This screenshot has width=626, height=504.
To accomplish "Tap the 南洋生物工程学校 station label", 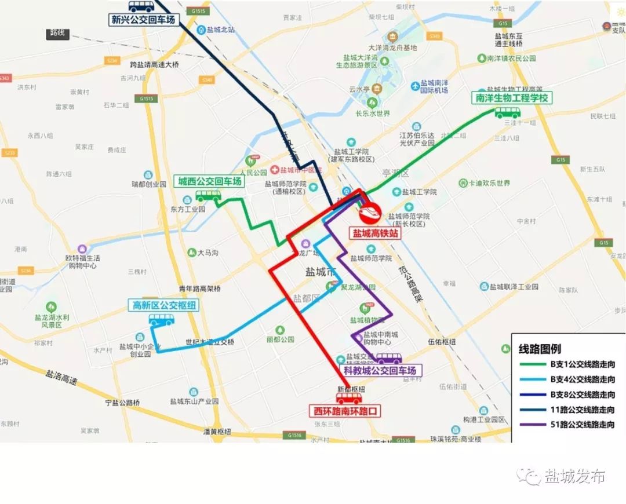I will point(511,98).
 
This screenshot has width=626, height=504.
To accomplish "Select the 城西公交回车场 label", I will point(209,181).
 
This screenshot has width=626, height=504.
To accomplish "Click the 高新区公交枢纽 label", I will point(164,305).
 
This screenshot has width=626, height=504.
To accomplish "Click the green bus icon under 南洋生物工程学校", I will point(507,112).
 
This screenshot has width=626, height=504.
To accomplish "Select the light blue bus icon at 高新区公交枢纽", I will point(161,319).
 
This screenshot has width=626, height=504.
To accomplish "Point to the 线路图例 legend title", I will point(539,349).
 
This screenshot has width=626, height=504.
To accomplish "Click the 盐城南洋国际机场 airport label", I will point(434,87).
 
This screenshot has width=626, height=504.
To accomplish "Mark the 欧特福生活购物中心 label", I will point(82,261).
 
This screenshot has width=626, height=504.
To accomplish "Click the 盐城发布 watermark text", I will point(574,476).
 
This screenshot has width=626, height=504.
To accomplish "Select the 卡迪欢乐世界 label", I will point(489,183).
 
